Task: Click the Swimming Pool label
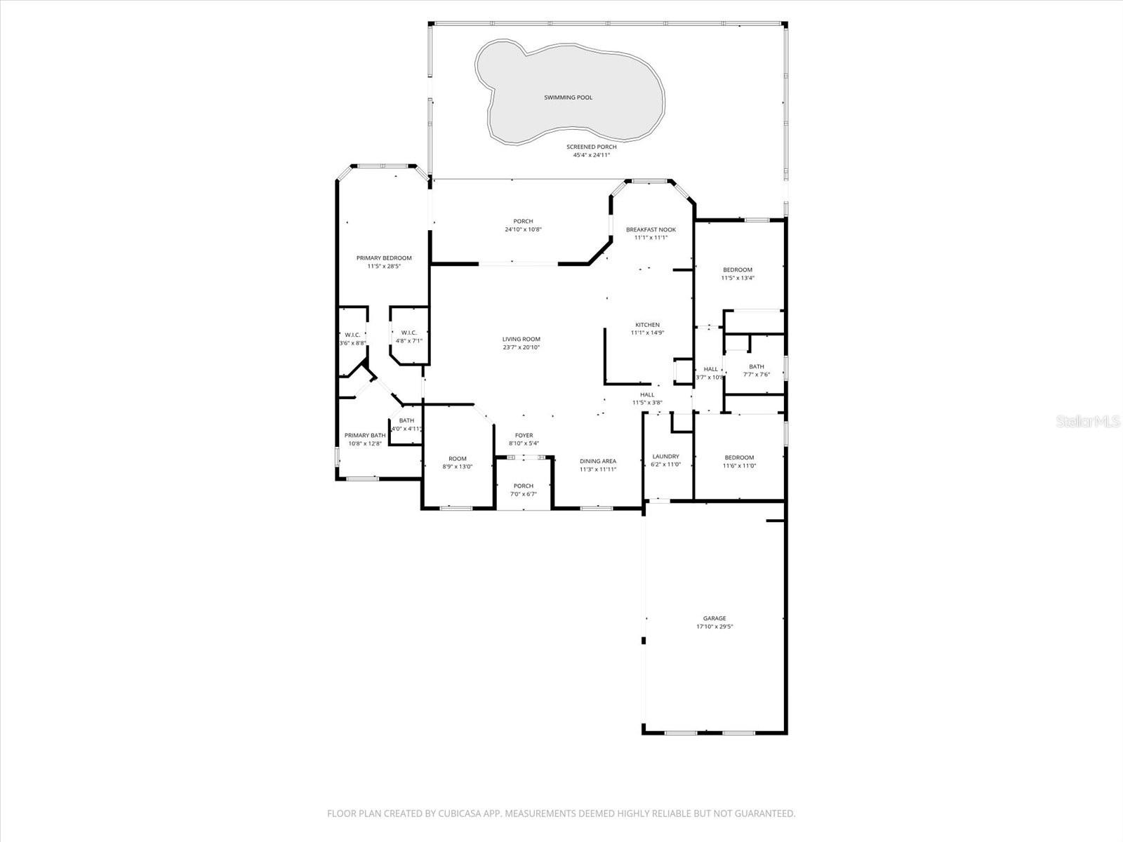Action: tap(568, 98)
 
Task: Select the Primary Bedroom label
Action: tap(383, 258)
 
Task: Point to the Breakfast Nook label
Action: tap(651, 229)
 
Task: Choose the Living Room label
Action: tap(521, 339)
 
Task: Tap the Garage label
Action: tap(715, 618)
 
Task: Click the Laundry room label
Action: tap(665, 456)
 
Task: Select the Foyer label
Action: tap(524, 436)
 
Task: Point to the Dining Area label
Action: tap(598, 461)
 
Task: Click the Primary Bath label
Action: tap(365, 435)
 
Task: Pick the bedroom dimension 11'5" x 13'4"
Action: tap(738, 278)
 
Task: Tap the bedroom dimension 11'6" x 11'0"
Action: tap(739, 466)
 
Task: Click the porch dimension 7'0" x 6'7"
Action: tap(523, 494)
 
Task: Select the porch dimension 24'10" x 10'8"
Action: tap(523, 229)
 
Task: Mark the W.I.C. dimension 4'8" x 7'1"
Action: tap(408, 341)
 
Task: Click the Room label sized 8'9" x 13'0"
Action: tap(457, 458)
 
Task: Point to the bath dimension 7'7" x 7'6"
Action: tap(756, 375)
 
